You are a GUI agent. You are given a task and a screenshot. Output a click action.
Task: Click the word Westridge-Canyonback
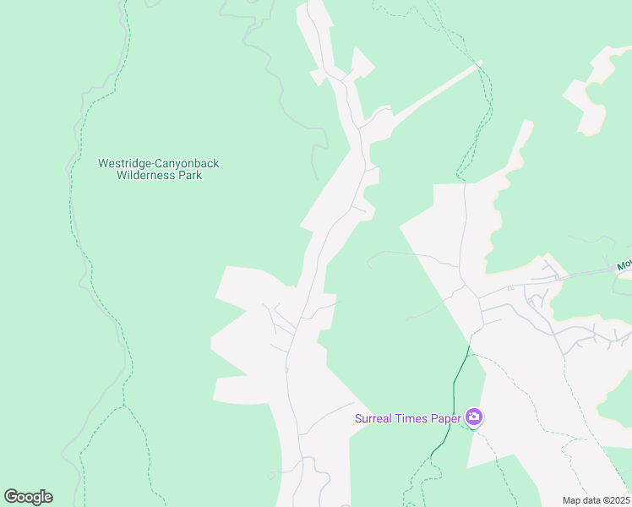pos(159,163)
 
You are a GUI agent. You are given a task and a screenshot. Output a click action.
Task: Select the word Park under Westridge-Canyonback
pos(190,176)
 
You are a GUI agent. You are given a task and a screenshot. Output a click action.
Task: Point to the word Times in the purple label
pos(414,417)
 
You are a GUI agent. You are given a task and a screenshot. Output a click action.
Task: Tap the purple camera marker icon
pos(474,417)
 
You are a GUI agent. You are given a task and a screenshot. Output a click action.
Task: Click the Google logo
pos(28,497)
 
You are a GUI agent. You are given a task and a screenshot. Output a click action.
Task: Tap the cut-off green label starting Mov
pos(624,265)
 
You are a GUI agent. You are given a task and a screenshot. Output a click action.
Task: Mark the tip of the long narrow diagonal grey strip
pos(479,62)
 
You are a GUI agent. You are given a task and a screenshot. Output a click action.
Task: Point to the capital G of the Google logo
pos(11,497)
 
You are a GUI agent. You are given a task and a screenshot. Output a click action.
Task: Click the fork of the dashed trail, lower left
pos(123,406)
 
